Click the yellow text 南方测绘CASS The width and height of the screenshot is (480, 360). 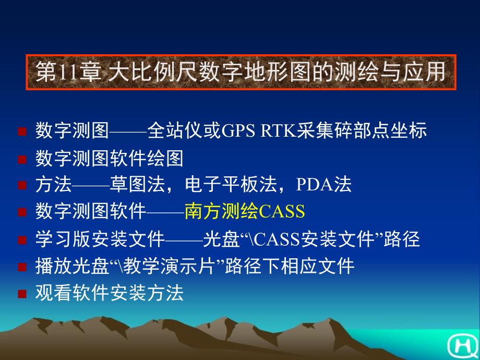pyautogui.click(x=245, y=211)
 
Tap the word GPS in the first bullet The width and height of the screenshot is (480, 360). pyautogui.click(x=238, y=131)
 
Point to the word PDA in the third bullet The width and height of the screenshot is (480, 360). pyautogui.click(x=315, y=185)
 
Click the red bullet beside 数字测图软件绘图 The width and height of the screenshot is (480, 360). pyautogui.click(x=22, y=159)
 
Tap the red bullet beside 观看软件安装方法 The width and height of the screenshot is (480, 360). pyautogui.click(x=22, y=294)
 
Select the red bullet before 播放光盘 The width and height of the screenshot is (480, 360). pyautogui.click(x=22, y=267)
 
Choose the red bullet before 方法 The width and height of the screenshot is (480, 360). pyautogui.click(x=22, y=185)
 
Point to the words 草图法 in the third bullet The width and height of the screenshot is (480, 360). pyautogui.click(x=137, y=185)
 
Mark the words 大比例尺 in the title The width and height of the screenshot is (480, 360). pyautogui.click(x=152, y=73)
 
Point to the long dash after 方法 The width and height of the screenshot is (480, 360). pyautogui.click(x=91, y=185)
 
